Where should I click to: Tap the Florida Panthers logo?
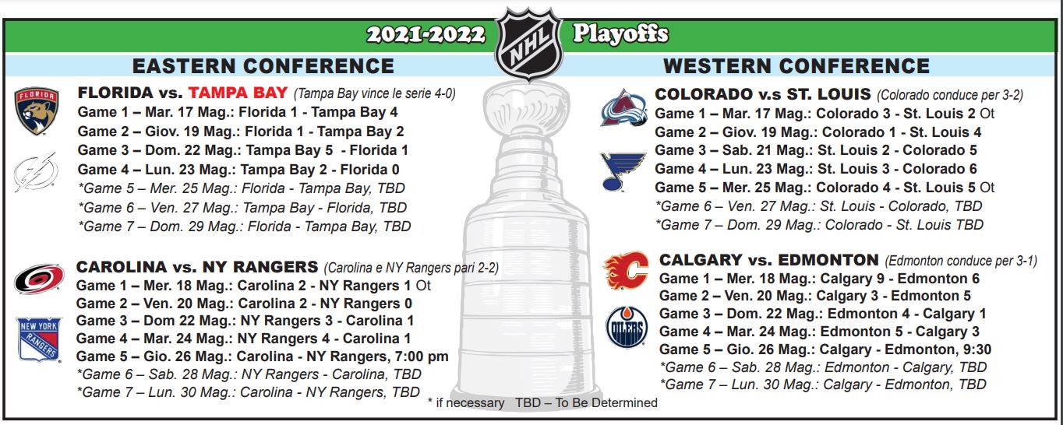37,111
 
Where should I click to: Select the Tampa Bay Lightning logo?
36,171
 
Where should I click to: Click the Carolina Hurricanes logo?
39,279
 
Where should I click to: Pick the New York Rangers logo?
40,339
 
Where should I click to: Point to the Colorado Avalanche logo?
623,108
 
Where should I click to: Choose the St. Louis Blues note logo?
623,171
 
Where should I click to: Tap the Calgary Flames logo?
626,271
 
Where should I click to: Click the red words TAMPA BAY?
238,93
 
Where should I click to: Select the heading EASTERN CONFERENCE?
263,66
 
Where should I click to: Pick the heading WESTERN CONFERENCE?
796,66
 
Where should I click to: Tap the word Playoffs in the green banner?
620,34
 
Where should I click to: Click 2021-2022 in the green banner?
426,34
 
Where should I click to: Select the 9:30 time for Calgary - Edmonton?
977,349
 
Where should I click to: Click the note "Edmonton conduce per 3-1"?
961,261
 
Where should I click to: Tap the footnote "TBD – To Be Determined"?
587,402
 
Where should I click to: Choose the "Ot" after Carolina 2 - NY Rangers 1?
423,286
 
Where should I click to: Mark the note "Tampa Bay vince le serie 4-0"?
375,93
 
